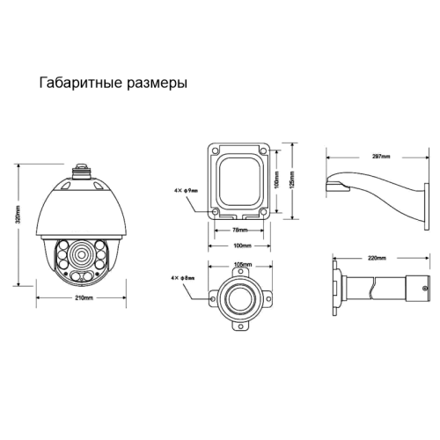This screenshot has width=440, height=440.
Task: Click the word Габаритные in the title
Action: [x=77, y=85]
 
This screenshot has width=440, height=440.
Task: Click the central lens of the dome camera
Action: [x=77, y=258]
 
